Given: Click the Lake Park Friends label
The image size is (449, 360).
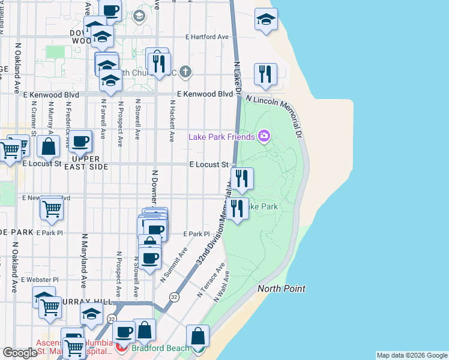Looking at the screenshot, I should (221, 137).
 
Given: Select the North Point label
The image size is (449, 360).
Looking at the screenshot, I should (282, 289).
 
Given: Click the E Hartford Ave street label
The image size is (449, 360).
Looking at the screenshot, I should (208, 37).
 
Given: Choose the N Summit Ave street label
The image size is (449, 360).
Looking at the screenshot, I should (173, 262).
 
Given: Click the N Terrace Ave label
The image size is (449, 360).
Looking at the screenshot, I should (212, 280).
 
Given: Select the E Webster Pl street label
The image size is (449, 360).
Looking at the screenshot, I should (40, 280).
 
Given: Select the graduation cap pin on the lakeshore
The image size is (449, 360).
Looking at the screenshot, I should (266, 20).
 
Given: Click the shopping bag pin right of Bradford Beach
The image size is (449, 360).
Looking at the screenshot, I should (197, 337).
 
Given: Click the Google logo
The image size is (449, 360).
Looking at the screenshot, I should (20, 353).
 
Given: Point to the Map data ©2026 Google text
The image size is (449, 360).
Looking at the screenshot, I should (412, 355).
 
